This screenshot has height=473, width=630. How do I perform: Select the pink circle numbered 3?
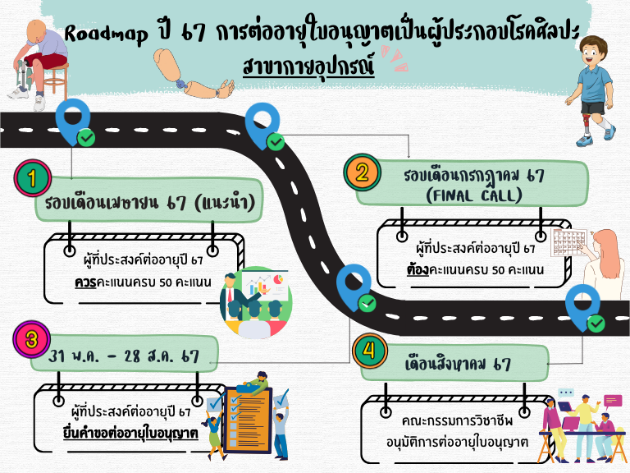(x=30, y=338)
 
